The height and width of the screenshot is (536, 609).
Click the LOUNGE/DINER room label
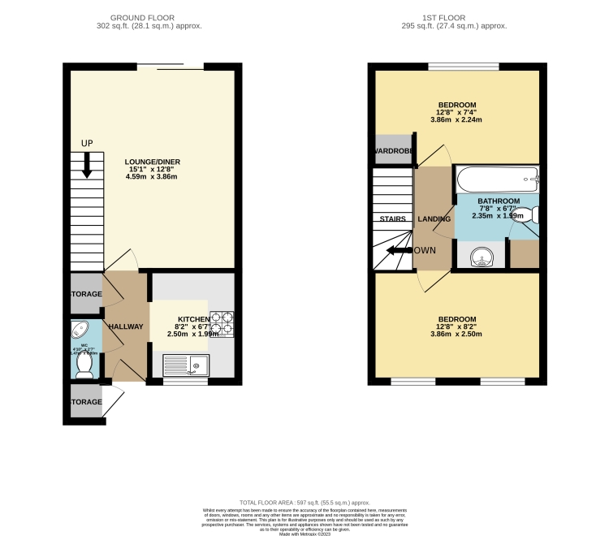coord(152,162)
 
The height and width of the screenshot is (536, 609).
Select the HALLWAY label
coord(127,326)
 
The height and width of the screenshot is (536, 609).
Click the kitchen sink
coord(186,366)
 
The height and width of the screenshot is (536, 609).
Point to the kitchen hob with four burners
coord(222,324)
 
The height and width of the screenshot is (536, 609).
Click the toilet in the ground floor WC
coord(83,365)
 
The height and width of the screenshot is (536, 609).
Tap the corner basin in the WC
coord(79,331)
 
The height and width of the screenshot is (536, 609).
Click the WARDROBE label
coord(394,151)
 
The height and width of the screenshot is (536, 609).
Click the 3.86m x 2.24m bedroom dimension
coord(456,120)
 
